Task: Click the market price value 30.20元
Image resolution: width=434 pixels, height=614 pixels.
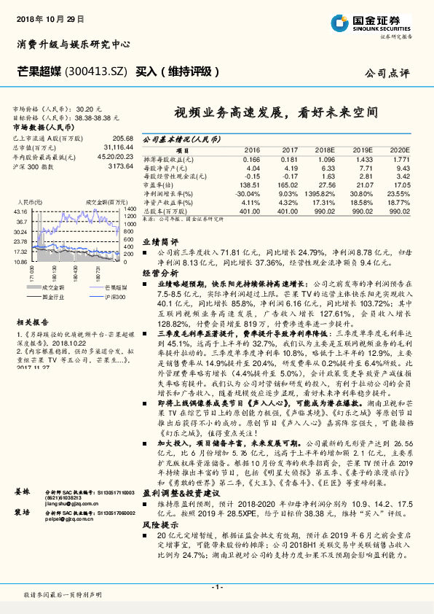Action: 104,108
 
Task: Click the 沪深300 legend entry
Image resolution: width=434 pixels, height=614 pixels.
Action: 114,297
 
